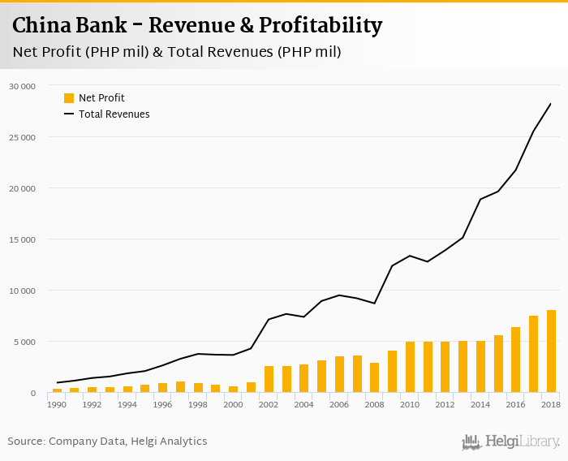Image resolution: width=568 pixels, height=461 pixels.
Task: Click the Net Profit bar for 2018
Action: pyautogui.click(x=551, y=351)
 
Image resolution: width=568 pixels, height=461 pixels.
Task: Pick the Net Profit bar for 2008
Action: pyautogui.click(x=375, y=377)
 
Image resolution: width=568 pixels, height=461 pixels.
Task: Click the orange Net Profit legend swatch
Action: pyautogui.click(x=69, y=98)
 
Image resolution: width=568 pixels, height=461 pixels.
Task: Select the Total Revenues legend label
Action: pyautogui.click(x=114, y=114)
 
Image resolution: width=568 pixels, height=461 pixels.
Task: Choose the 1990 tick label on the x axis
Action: pyautogui.click(x=58, y=404)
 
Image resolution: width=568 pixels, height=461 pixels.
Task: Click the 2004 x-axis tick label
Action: pyautogui.click(x=304, y=404)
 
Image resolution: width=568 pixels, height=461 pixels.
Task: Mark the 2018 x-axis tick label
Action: pyautogui.click(x=551, y=404)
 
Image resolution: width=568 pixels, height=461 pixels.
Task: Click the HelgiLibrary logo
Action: pyautogui.click(x=510, y=442)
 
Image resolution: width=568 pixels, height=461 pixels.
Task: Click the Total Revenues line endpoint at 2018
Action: pyautogui.click(x=551, y=103)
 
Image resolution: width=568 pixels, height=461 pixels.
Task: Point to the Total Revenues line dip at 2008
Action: pyautogui.click(x=375, y=304)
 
